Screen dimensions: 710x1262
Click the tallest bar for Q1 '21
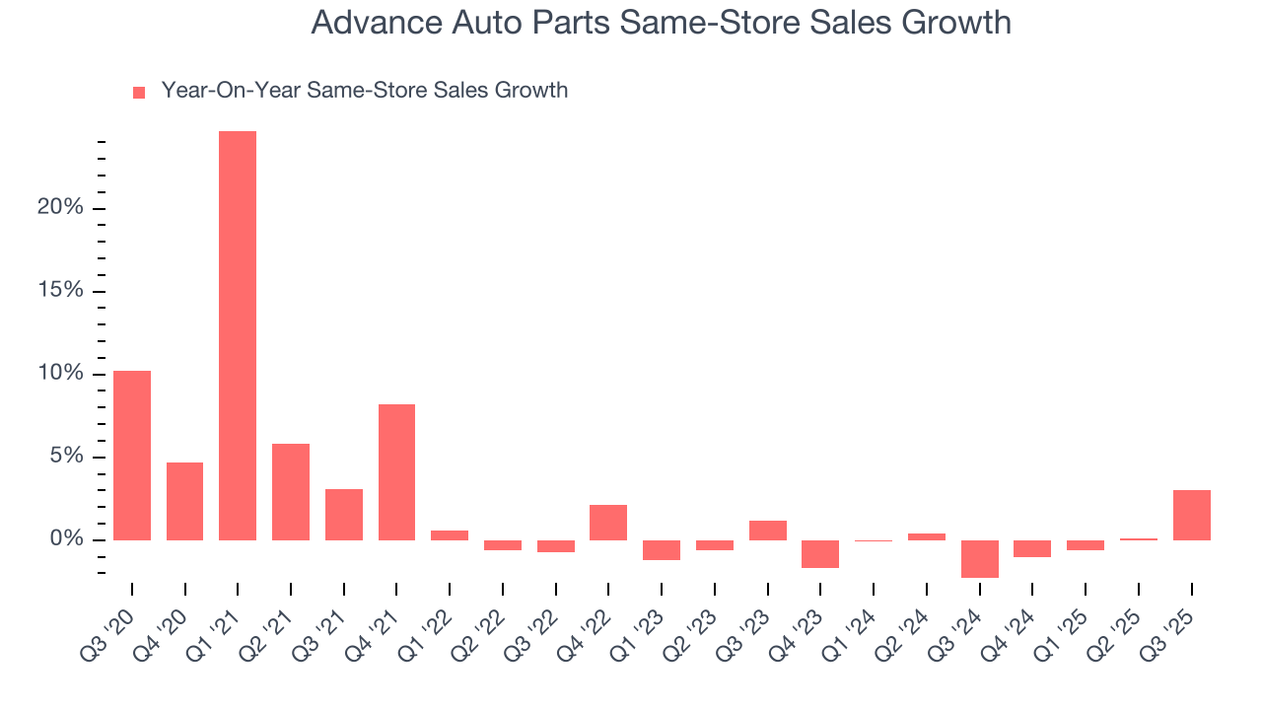[238, 335]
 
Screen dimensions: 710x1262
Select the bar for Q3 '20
[132, 456]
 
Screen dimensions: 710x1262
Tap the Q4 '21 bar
[396, 472]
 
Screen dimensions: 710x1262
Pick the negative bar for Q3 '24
[980, 558]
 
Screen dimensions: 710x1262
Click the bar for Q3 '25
[1191, 515]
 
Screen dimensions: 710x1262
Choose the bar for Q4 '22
[608, 523]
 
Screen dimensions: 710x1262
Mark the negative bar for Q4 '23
[820, 553]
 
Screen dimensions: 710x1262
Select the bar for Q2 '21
[291, 492]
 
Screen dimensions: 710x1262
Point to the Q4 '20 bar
[185, 501]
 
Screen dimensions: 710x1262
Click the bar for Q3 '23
[768, 531]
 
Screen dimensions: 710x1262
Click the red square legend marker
[139, 92]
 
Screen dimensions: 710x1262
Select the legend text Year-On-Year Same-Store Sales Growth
[364, 91]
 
